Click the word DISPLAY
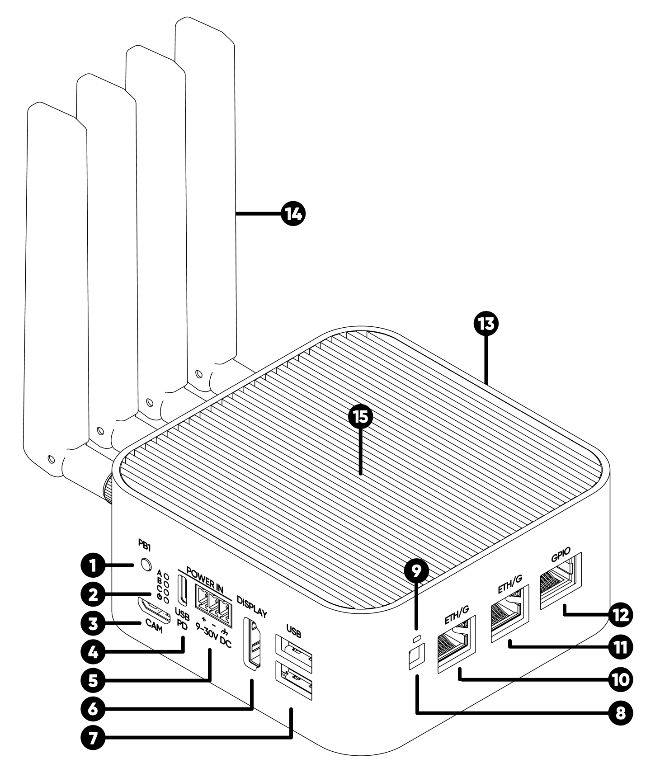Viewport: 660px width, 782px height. pos(252,606)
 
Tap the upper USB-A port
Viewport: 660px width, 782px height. pos(293,650)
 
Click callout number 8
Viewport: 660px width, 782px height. pos(620,713)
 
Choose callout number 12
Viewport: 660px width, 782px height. pos(620,615)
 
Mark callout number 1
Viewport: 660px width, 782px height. pos(93,565)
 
